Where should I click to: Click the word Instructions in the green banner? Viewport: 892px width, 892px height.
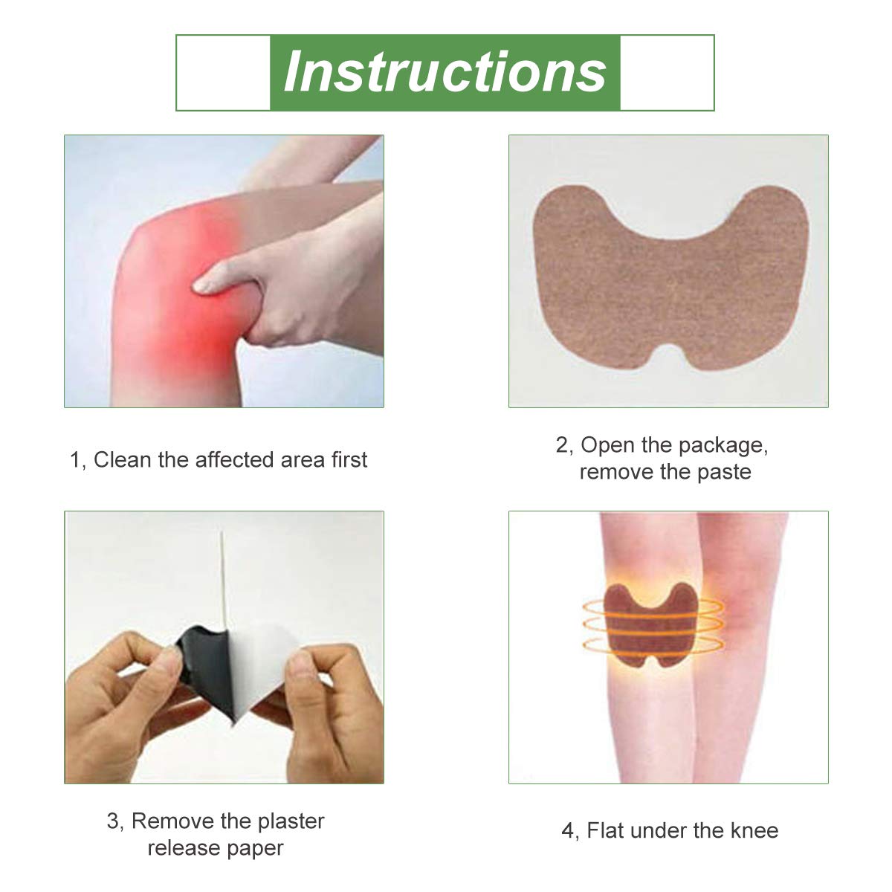[x=445, y=72]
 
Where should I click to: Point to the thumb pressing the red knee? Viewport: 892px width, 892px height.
[x=216, y=280]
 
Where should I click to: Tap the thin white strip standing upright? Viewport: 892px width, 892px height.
[x=222, y=572]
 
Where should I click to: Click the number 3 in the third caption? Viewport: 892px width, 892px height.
[x=113, y=821]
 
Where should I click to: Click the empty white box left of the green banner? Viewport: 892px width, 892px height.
[x=223, y=72]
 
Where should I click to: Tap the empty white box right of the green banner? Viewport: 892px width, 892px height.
[x=667, y=72]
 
